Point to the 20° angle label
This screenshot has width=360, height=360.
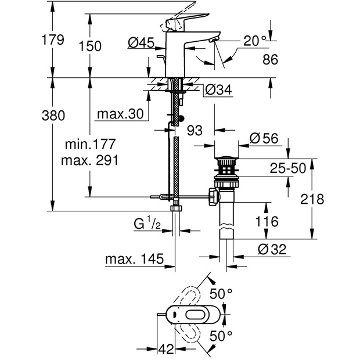pos(255,41)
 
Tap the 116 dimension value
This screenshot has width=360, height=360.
pos(267,221)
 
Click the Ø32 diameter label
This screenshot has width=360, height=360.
pos(271,249)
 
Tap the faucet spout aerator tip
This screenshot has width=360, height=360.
pos(214,39)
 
